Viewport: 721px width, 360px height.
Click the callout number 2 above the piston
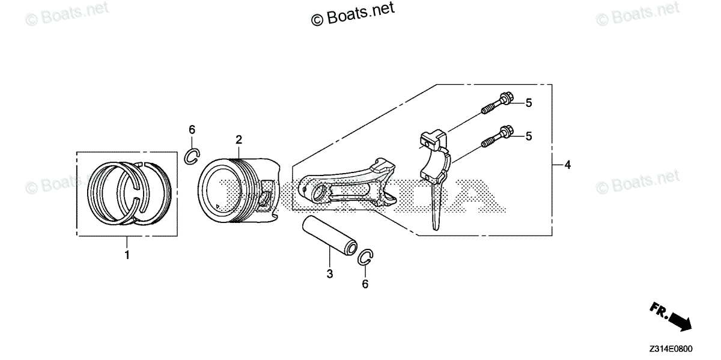point(239,140)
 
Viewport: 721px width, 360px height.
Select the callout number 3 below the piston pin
point(329,275)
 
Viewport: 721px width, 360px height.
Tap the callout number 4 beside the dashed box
point(567,164)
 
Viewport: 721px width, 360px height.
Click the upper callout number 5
point(529,103)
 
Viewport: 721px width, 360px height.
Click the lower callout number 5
point(529,136)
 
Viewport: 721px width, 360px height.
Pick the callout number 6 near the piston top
point(192,130)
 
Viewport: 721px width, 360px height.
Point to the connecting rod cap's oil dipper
point(437,204)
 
